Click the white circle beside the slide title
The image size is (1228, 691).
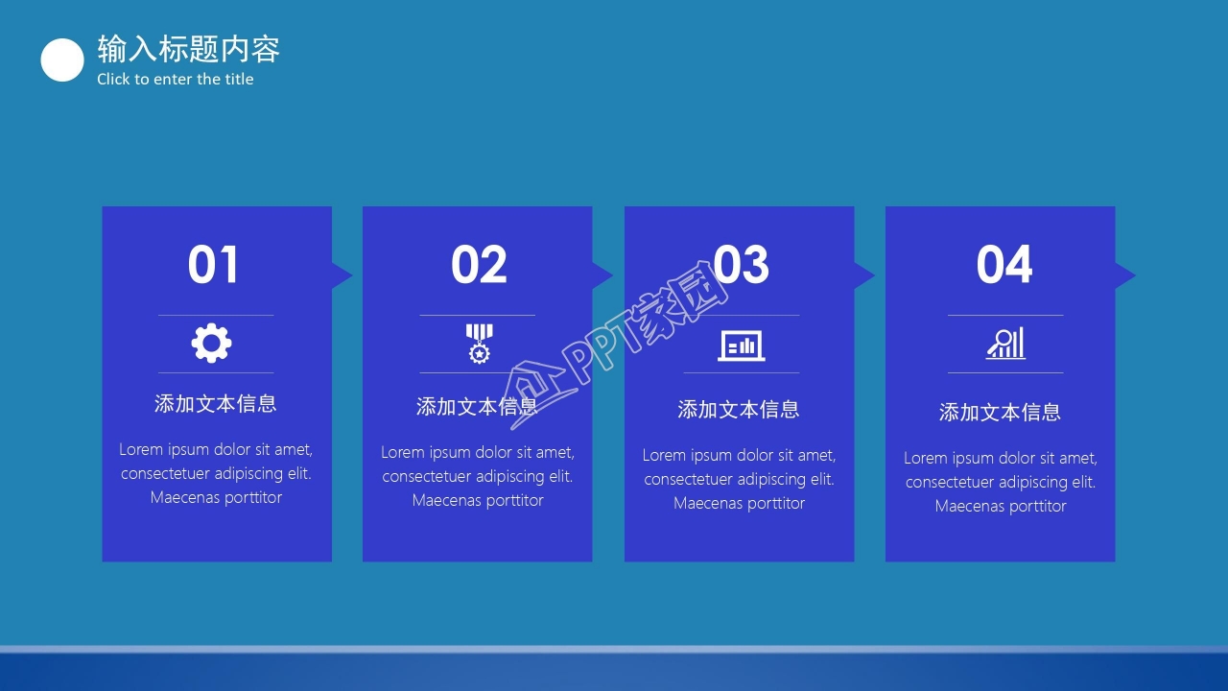tap(62, 60)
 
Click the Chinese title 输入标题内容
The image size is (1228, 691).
tap(188, 49)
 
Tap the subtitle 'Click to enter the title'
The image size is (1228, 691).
tap(176, 80)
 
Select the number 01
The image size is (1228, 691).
tap(213, 265)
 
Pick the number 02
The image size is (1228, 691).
tap(479, 265)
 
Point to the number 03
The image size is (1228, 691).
tap(741, 265)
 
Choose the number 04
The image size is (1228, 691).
tap(1004, 265)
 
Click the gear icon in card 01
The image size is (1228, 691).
tap(211, 343)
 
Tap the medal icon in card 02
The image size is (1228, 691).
tap(479, 344)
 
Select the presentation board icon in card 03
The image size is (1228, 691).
tap(741, 345)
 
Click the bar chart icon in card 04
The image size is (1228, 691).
tap(1005, 343)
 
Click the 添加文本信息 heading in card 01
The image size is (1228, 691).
tap(216, 404)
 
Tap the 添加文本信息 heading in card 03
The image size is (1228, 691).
tap(739, 410)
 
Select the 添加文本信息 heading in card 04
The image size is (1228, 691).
tap(1000, 413)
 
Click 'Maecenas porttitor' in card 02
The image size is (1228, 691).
tap(478, 500)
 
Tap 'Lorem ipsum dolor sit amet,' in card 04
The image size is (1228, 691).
tap(1000, 458)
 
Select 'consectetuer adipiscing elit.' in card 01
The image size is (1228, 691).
tap(216, 473)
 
